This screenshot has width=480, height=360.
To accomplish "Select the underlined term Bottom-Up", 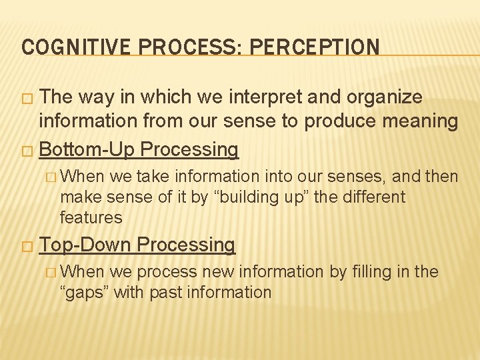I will point(87,150).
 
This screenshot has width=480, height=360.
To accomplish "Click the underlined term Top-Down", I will point(85,245).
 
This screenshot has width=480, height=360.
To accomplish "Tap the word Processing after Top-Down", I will point(185,245).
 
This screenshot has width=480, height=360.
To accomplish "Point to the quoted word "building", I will point(251,197).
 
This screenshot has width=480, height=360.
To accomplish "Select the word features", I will point(91,217).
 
